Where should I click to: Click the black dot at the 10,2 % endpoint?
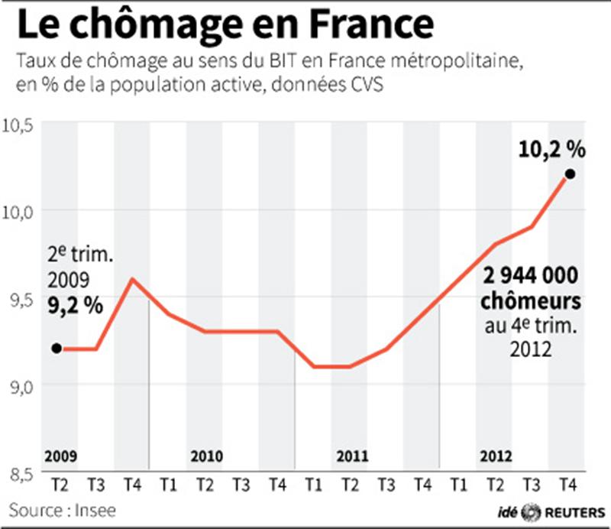(569, 174)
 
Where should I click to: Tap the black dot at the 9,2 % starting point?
(57, 349)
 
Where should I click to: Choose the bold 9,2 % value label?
(77, 306)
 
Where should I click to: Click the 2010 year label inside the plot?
(206, 456)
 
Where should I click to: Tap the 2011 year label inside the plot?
(352, 456)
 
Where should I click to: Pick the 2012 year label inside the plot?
(497, 456)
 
